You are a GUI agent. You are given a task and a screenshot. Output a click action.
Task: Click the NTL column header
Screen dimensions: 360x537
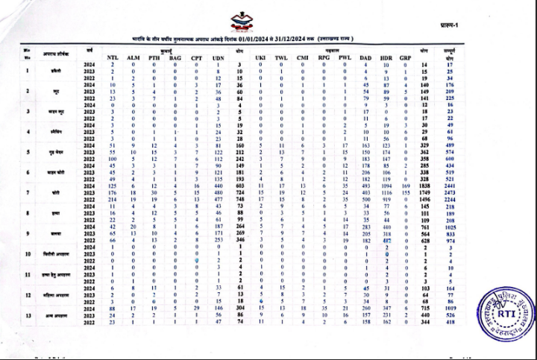pos(113,57)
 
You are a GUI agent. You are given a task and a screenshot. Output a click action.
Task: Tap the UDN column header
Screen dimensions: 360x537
pos(219,57)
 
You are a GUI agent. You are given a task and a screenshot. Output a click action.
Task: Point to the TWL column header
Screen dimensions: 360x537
pos(281,57)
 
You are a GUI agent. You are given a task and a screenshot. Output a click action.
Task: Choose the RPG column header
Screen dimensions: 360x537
pos(324,57)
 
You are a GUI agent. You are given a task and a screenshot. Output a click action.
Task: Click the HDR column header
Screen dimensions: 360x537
pos(386,57)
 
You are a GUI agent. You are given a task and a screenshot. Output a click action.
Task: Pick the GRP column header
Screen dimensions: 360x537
pos(406,57)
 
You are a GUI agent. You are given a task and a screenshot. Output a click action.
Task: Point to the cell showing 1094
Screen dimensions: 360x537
pos(386,185)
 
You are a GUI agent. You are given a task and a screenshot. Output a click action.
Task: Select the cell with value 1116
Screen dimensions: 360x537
pos(386,192)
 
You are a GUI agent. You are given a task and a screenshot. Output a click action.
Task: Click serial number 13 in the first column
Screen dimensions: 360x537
pos(28,315)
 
